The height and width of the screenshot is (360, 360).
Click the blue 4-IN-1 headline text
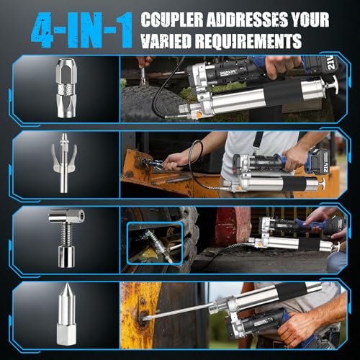click(x=82, y=30)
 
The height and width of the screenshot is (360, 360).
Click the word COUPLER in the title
click(x=172, y=19)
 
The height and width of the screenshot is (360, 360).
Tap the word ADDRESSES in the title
click(x=247, y=19)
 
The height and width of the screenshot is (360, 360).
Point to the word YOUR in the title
click(x=310, y=19)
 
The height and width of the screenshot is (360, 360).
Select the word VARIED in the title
click(x=166, y=41)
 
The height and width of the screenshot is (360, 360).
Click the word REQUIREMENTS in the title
click(x=248, y=41)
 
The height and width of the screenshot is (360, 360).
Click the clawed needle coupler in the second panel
click(x=64, y=163)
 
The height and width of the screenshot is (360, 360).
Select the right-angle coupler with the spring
click(x=66, y=238)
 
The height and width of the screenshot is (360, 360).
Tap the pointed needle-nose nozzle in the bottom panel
click(x=66, y=314)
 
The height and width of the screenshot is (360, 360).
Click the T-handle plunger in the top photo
click(x=332, y=84)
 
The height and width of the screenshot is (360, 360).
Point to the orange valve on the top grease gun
click(x=199, y=114)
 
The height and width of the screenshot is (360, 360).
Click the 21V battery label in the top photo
click(x=332, y=63)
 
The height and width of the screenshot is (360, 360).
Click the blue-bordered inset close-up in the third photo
click(x=155, y=243)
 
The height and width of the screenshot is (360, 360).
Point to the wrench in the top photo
click(x=143, y=75)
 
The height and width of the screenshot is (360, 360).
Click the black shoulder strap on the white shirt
click(x=257, y=140)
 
